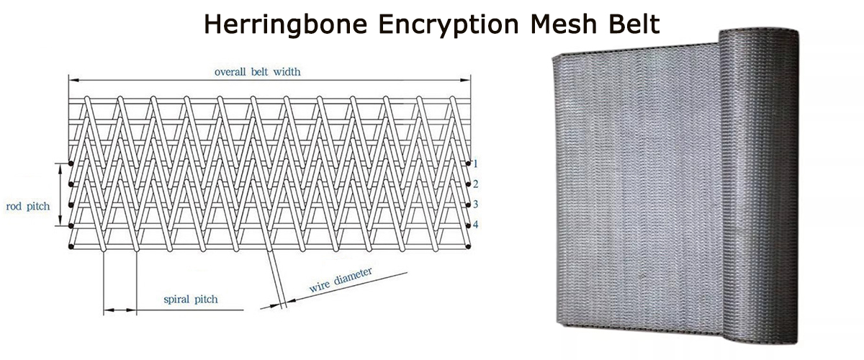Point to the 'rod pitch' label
pyautogui.click(x=28, y=207)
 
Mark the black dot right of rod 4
pyautogui.click(x=469, y=225)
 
